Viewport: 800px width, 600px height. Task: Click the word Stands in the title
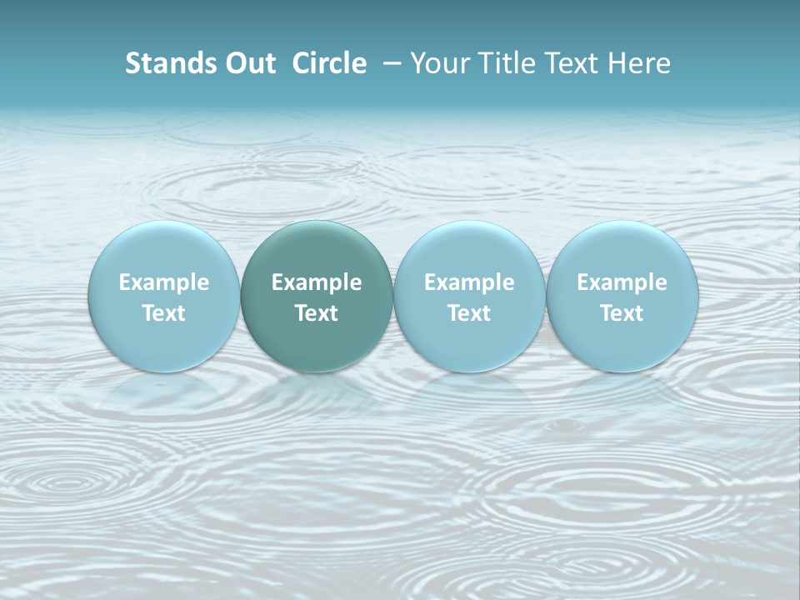click(x=169, y=63)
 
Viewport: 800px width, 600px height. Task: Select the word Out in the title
click(x=248, y=63)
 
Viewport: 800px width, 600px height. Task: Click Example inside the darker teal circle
click(x=317, y=282)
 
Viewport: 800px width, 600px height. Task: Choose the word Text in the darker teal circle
click(x=317, y=313)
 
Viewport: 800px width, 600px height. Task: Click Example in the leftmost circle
click(x=164, y=282)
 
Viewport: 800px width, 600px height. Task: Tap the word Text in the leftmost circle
click(x=164, y=313)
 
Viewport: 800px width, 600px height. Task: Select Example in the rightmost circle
click(x=622, y=282)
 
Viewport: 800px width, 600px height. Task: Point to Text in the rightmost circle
click(x=622, y=313)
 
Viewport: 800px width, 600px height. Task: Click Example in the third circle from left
click(x=469, y=282)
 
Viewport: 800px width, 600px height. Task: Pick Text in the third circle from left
click(x=469, y=313)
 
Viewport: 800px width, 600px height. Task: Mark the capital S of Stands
click(x=132, y=63)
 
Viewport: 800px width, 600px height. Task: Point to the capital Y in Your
click(x=418, y=63)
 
